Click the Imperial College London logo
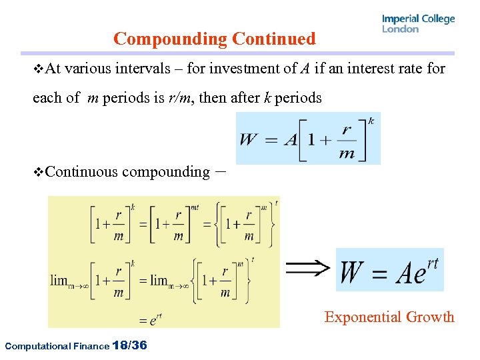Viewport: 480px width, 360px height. pyautogui.click(x=418, y=23)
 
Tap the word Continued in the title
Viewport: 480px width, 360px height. pyautogui.click(x=274, y=39)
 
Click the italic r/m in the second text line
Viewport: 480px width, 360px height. pyautogui.click(x=182, y=98)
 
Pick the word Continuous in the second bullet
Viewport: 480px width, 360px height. pyautogui.click(x=83, y=172)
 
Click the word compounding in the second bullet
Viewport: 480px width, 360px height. pyautogui.click(x=166, y=172)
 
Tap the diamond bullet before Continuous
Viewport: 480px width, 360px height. pyautogui.click(x=38, y=172)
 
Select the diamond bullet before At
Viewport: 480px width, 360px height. pyautogui.click(x=38, y=68)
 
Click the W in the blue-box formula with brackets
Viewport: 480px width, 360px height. pyautogui.click(x=249, y=139)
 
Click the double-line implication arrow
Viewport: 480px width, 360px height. pyautogui.click(x=307, y=268)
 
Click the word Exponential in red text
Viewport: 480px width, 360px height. pyautogui.click(x=365, y=317)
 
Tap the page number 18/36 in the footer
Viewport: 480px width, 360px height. pyautogui.click(x=131, y=345)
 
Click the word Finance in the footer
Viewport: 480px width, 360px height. pyautogui.click(x=90, y=346)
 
